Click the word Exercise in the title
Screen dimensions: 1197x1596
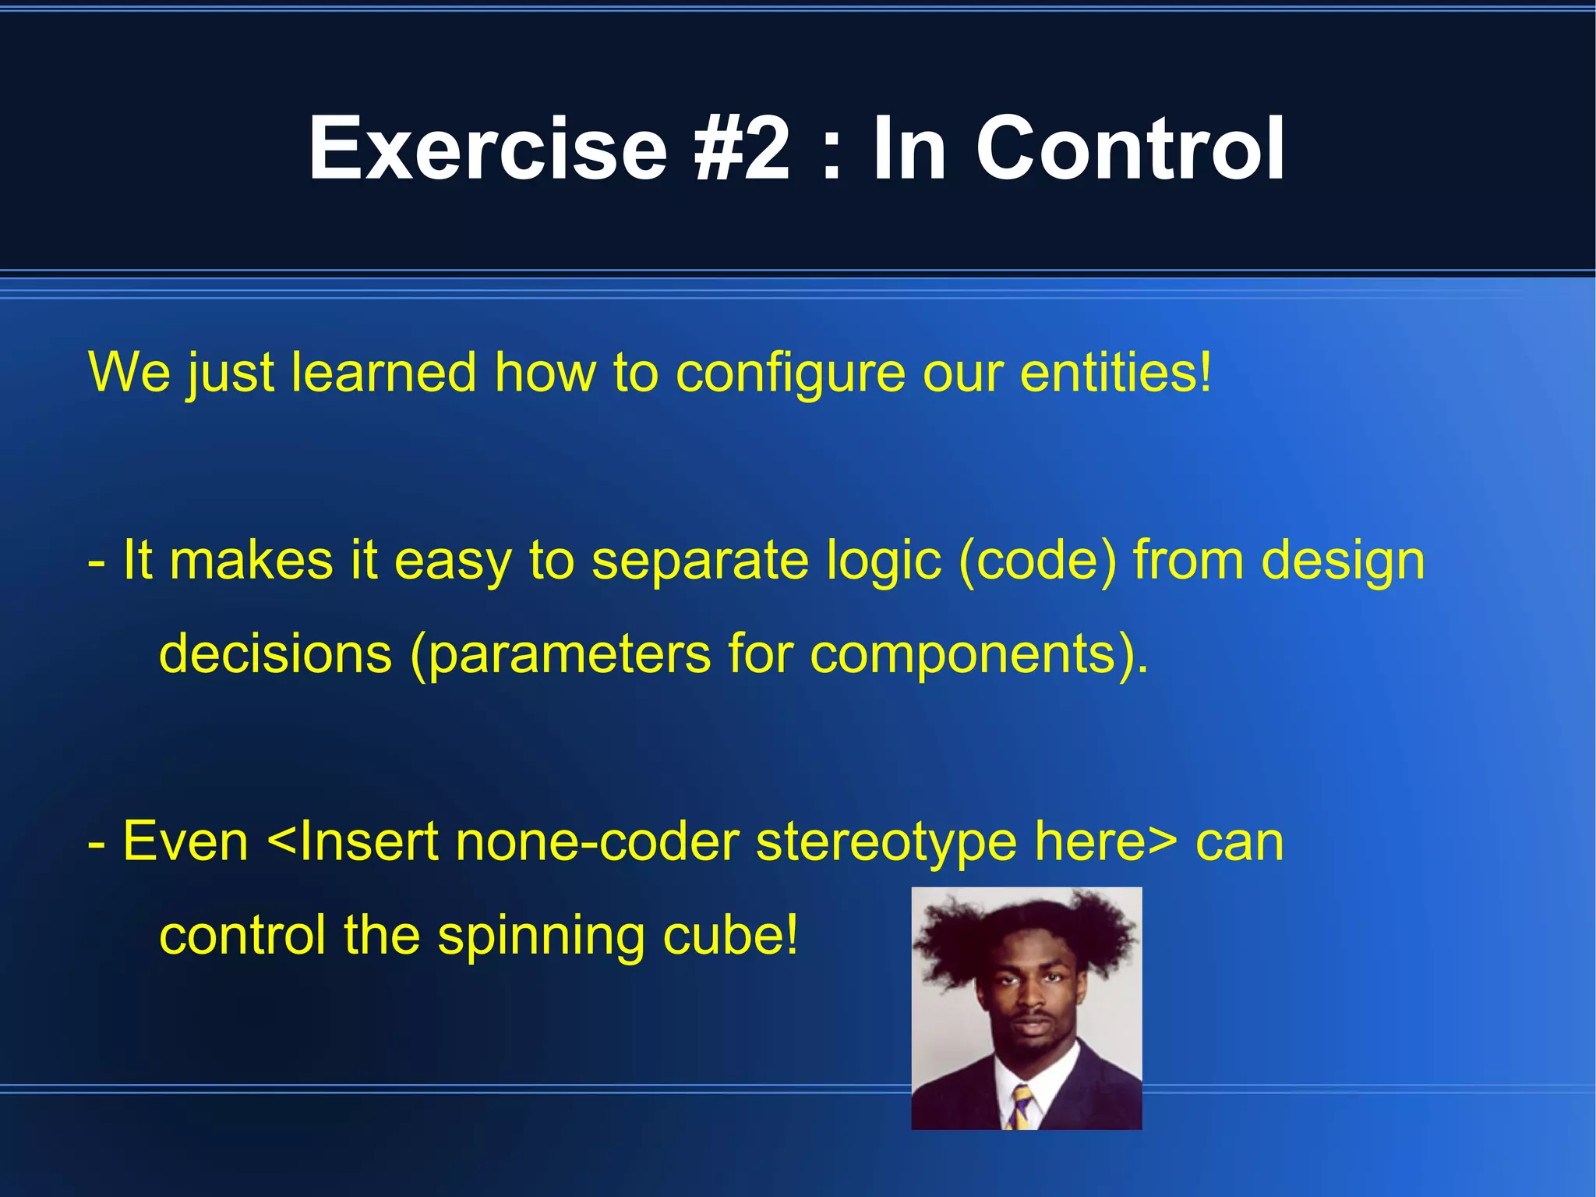click(488, 148)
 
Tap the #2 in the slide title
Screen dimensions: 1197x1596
click(742, 148)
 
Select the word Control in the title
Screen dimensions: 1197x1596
click(1130, 148)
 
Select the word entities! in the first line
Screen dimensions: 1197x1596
click(1116, 373)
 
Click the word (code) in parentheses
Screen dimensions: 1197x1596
click(1037, 561)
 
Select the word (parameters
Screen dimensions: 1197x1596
click(560, 655)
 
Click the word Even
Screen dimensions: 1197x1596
click(185, 842)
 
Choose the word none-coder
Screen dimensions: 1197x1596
click(597, 842)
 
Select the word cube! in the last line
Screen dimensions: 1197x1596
click(730, 936)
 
